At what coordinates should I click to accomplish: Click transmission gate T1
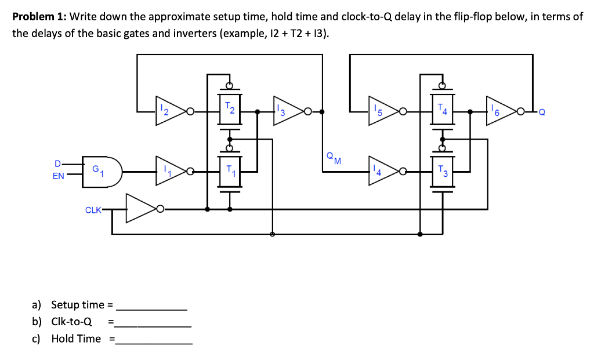[x=230, y=172]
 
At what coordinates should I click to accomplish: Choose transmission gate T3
[x=443, y=172]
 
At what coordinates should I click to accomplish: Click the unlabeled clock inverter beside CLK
[x=140, y=209]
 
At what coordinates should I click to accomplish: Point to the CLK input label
[x=93, y=210]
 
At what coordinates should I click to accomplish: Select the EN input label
[x=59, y=176]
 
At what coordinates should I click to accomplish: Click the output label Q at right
[x=542, y=112]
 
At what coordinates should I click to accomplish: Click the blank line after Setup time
[x=152, y=306]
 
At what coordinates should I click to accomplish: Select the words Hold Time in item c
[x=76, y=339]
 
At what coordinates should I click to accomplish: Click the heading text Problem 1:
[x=38, y=17]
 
